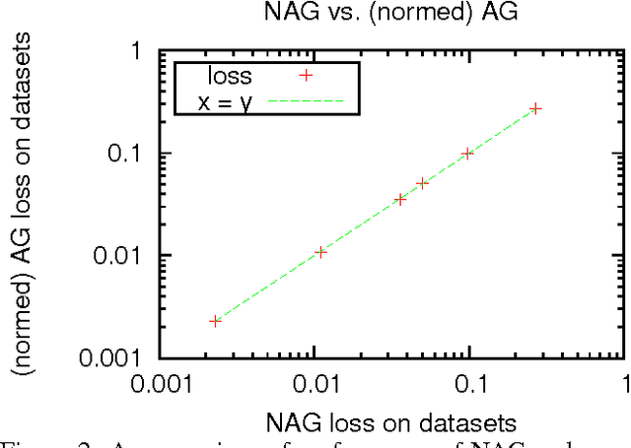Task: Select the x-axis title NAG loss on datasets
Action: click(x=391, y=424)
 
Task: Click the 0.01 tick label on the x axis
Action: click(x=315, y=380)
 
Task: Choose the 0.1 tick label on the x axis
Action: click(x=470, y=380)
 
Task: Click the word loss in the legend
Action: click(x=233, y=76)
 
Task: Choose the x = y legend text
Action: click(x=226, y=99)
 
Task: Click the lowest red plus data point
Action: click(x=215, y=321)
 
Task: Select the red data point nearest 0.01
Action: click(x=320, y=252)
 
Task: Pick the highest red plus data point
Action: click(x=535, y=108)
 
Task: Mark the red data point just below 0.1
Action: click(x=467, y=154)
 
